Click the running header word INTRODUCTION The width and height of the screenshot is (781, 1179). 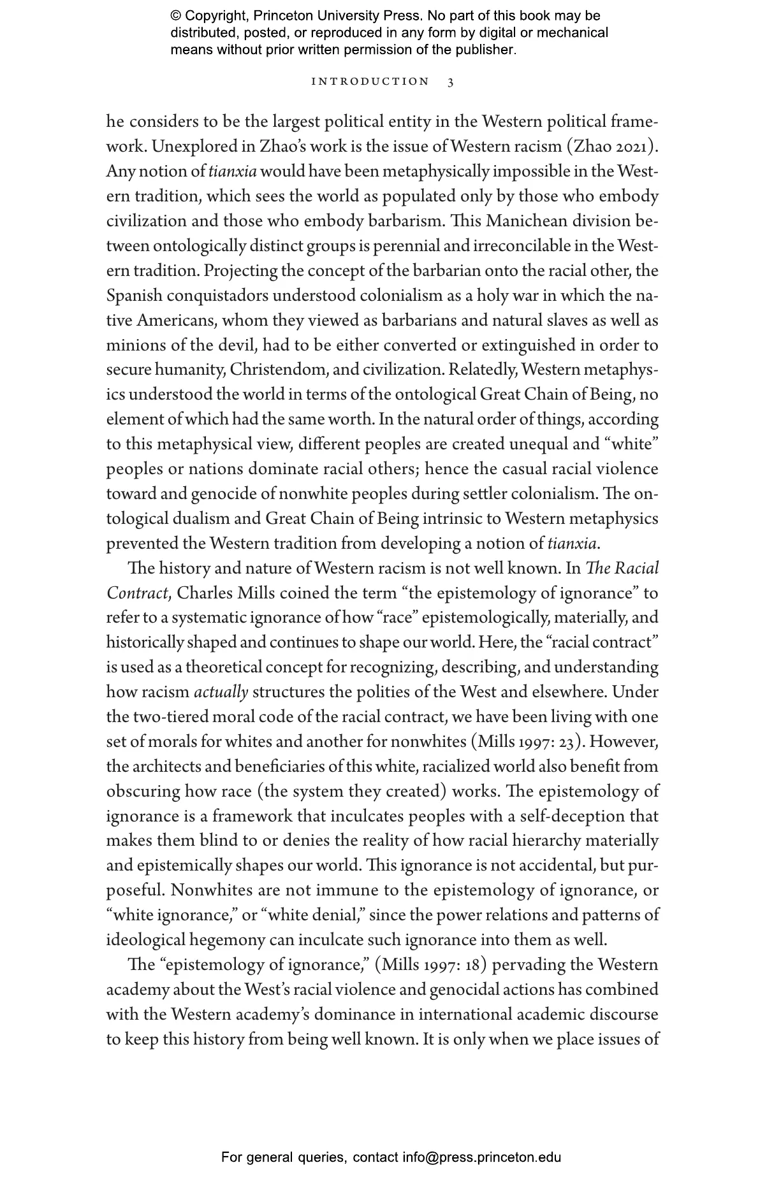click(x=370, y=82)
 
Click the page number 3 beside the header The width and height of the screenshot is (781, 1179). click(x=451, y=82)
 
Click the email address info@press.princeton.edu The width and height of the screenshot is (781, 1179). click(x=481, y=1157)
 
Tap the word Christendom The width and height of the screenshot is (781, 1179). click(x=276, y=370)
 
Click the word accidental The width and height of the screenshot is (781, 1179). click(x=554, y=866)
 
